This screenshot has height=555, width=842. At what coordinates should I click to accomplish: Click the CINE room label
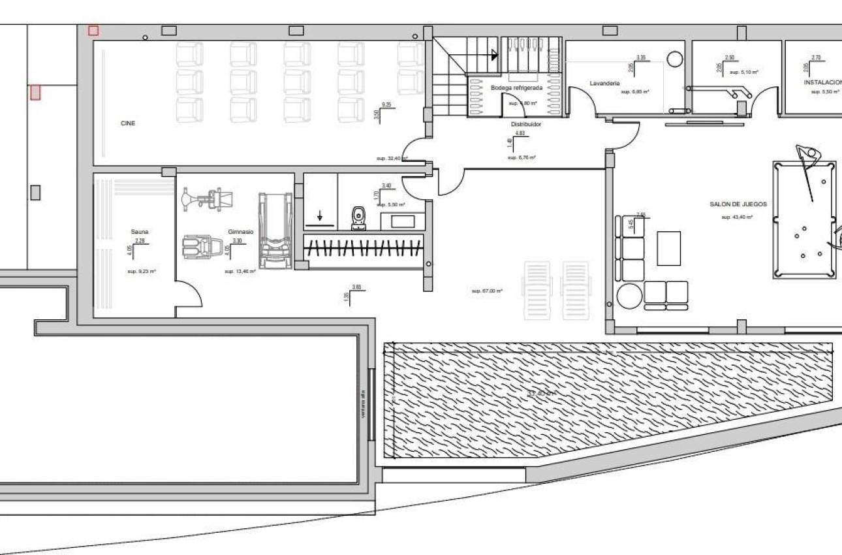(128, 123)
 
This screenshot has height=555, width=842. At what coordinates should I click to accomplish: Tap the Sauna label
(140, 232)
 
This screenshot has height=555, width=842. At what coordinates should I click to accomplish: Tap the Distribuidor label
(526, 123)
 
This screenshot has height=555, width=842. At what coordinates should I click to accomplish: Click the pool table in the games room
(804, 220)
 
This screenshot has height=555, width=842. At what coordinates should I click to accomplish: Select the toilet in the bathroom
(358, 218)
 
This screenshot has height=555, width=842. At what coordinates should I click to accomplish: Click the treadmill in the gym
(272, 230)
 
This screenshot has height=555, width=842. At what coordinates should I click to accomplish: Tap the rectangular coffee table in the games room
(668, 248)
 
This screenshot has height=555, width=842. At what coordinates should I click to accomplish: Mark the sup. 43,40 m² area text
(737, 217)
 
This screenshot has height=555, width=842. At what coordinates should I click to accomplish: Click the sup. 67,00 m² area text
(487, 291)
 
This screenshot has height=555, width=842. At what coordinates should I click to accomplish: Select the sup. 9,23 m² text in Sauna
(142, 270)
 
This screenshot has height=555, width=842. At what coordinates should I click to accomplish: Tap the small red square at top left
(93, 30)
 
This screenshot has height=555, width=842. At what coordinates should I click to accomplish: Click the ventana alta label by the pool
(362, 405)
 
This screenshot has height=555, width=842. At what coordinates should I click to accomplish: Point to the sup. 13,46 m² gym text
(240, 271)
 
